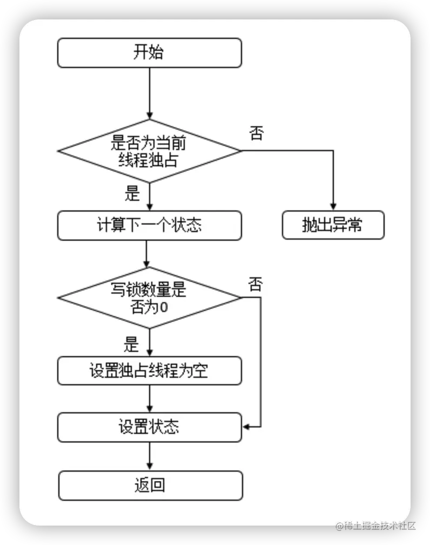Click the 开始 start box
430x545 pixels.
[x=149, y=53]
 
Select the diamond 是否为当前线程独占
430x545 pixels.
[x=149, y=151]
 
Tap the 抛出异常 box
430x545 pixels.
[x=333, y=225]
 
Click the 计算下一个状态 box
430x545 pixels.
[x=149, y=225]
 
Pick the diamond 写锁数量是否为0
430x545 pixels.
[x=149, y=297]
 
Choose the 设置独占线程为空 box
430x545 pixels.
[x=149, y=371]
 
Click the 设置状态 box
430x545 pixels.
[x=149, y=427]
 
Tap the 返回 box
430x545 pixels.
[x=150, y=485]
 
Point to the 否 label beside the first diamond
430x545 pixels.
[x=257, y=133]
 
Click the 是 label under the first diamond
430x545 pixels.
[x=132, y=193]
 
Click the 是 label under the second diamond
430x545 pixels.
[x=131, y=344]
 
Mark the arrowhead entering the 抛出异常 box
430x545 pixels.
[x=333, y=206]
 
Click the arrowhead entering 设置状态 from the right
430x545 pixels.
[x=246, y=427]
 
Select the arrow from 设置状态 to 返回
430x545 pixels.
[x=149, y=457]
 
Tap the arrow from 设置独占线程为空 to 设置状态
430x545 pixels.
[x=149, y=399]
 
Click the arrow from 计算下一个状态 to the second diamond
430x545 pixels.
[x=146, y=253]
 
